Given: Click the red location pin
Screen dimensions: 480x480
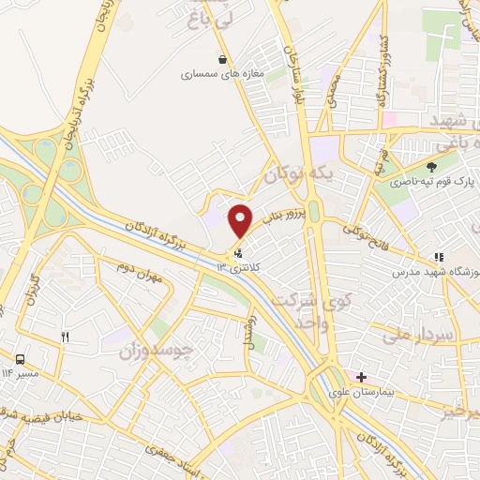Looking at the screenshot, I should [241, 220].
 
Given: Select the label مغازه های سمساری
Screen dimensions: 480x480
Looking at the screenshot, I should [223, 74].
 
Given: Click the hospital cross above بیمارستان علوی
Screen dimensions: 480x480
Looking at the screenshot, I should [361, 377].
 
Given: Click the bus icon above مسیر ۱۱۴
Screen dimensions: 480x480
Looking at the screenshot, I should [20, 359].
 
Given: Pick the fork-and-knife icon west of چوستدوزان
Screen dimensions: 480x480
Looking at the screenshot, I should [64, 337].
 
